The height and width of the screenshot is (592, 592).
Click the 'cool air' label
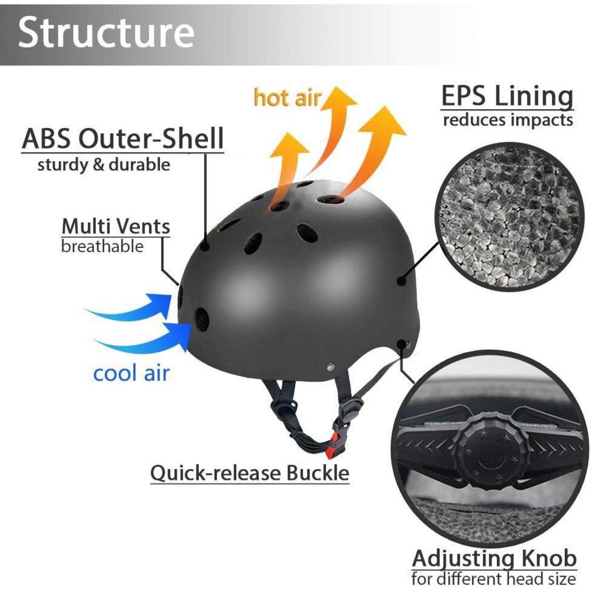tap(131, 373)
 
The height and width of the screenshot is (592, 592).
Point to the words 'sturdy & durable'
tap(104, 165)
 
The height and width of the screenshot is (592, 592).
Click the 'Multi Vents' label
tap(116, 226)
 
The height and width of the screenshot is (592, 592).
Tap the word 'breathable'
tap(102, 246)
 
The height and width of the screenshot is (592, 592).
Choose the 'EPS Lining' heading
tap(507, 96)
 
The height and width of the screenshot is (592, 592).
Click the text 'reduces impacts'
tap(508, 120)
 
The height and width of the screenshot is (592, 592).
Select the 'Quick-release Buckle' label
tap(250, 472)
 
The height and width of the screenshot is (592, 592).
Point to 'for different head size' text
tap(493, 579)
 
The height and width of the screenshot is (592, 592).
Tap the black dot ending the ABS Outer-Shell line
tap(205, 247)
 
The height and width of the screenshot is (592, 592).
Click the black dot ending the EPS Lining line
tap(401, 281)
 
